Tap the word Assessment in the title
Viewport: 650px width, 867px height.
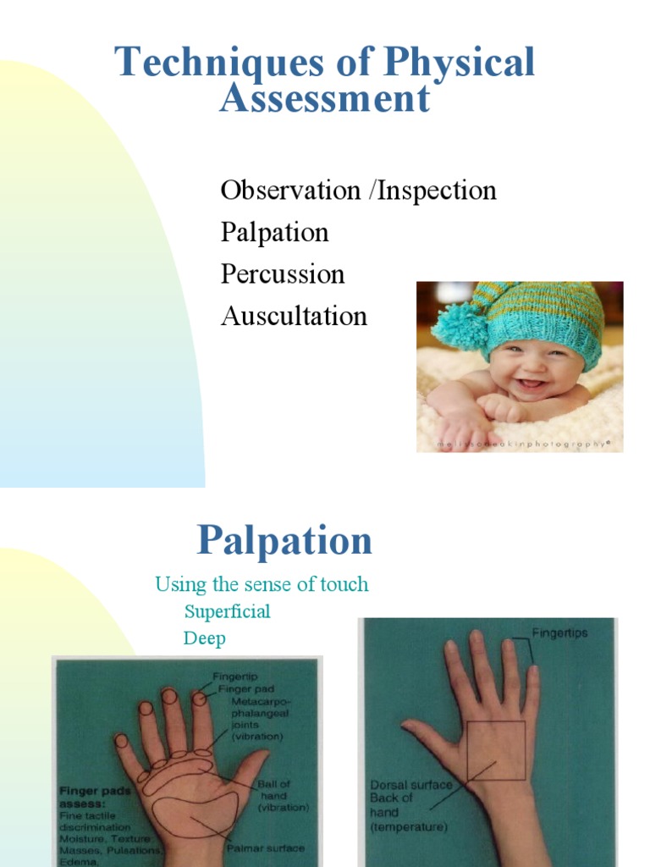[x=325, y=98]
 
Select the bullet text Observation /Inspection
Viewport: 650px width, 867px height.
[x=358, y=191]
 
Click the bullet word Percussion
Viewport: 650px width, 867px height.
[x=283, y=274]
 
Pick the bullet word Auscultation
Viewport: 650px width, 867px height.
[x=294, y=317]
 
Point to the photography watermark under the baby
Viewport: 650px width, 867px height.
[x=521, y=443]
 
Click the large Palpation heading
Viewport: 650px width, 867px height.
[x=284, y=540]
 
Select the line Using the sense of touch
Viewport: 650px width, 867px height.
[x=262, y=584]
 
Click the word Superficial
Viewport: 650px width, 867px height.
[x=228, y=611]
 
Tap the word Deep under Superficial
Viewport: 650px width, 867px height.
[x=204, y=638]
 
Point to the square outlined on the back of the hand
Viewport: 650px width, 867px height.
[x=495, y=751]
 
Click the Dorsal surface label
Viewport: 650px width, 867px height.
[x=411, y=785]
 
